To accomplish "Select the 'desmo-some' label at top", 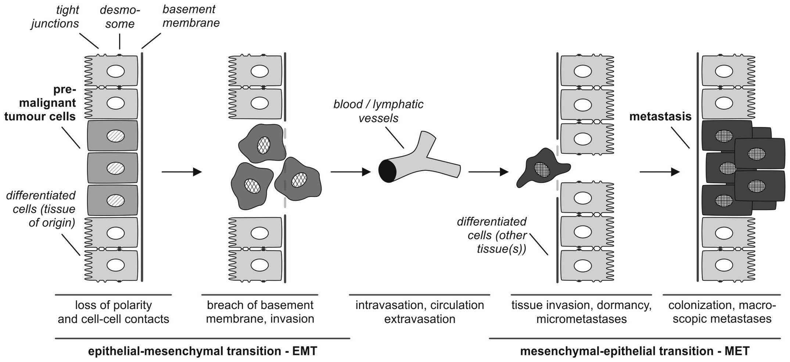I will (x=120, y=17).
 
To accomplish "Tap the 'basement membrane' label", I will (x=191, y=16).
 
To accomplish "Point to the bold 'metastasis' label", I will (x=660, y=117).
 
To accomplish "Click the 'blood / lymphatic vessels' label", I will (x=378, y=111).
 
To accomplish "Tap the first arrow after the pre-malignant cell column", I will (x=182, y=172).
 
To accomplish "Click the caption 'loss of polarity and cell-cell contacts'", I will (x=113, y=312).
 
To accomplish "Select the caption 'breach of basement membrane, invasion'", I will (x=260, y=312).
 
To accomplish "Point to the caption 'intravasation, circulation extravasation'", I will (x=420, y=312).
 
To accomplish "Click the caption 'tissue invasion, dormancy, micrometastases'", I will (x=581, y=312).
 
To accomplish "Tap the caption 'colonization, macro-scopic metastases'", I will (x=722, y=312).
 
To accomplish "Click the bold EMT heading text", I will (x=202, y=351).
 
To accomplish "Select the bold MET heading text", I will (x=635, y=351).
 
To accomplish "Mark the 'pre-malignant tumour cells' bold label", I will (x=40, y=103).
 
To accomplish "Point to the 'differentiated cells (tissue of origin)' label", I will (x=41, y=209).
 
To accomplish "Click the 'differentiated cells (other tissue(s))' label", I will (x=492, y=235).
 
